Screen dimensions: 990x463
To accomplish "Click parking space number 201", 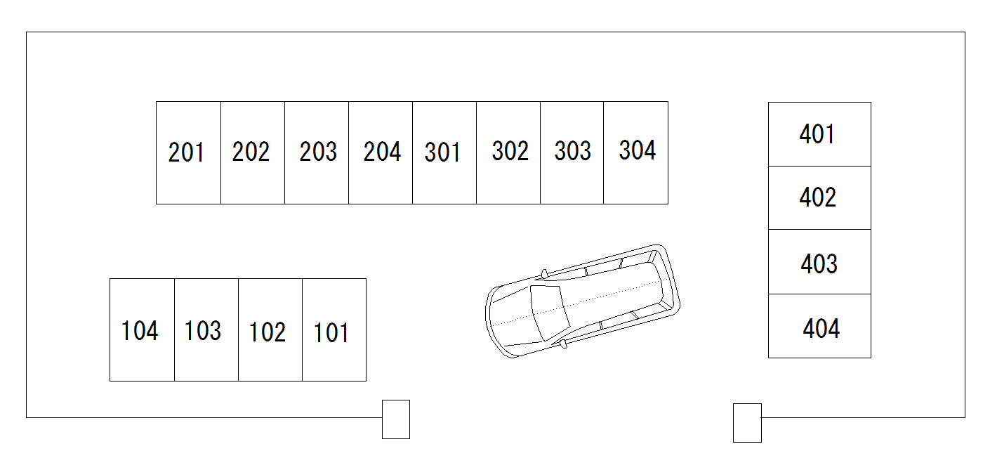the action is (188, 152).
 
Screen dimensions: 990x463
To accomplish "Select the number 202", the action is (251, 152).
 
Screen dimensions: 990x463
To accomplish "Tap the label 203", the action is (318, 152).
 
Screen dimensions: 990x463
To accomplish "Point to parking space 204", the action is (381, 152).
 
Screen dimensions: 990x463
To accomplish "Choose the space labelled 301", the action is (444, 152).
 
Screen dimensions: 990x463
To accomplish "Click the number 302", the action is (510, 151).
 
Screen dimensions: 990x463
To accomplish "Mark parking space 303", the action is (572, 152).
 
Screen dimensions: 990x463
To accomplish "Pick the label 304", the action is (638, 150).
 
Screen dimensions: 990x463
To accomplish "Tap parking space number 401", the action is (819, 134).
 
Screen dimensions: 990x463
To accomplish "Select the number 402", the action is (818, 197).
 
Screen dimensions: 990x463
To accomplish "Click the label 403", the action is (819, 264).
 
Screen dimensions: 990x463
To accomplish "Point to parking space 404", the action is (819, 326).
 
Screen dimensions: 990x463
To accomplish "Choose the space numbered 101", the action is (334, 330).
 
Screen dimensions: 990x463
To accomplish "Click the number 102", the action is (268, 332).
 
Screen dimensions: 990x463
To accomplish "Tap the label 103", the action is (202, 331).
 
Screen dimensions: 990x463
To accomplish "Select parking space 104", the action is (142, 330).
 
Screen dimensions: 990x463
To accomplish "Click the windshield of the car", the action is (549, 312).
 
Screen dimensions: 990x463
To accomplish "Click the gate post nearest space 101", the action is (396, 419).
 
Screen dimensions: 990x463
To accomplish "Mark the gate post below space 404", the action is (747, 423).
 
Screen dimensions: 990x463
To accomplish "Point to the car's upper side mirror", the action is (545, 274).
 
